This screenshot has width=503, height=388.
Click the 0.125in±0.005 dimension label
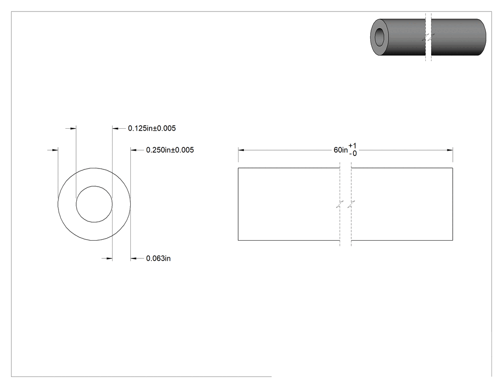pos(152,129)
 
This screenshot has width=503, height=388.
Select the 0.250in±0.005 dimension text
pos(170,150)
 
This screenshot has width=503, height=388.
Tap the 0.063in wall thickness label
pos(158,258)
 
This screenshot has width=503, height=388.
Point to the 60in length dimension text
pos(341,150)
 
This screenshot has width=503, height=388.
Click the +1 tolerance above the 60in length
pos(353,146)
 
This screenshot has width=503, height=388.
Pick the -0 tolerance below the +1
pos(353,154)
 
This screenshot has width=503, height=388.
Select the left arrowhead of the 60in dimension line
pos(241,150)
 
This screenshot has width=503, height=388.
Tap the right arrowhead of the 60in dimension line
pos(450,150)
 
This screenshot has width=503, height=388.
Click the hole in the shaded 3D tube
pos(380,36)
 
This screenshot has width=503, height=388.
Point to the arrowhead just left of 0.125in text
pos(115,129)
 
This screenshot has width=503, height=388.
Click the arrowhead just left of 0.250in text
pos(134,150)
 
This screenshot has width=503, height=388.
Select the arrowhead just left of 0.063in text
pos(134,258)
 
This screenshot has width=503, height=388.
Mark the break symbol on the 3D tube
pos(428,37)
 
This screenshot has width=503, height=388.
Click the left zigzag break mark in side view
pos(340,204)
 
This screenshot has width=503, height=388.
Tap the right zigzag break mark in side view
pos(351,204)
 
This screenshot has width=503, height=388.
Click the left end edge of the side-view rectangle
pos(238,204)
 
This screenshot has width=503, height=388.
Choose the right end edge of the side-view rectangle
pos(453,204)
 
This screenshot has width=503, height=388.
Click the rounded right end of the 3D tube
pos(483,37)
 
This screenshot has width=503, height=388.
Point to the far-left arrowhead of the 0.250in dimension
pos(55,150)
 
